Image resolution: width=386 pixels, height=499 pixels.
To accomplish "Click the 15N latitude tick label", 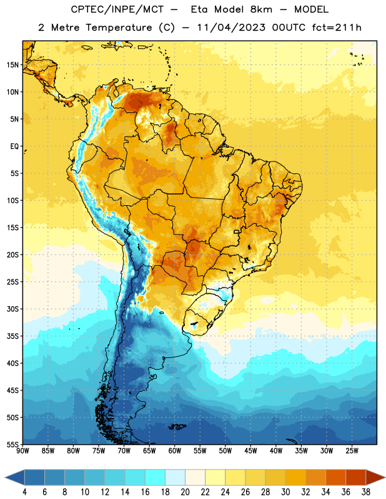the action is [x=12, y=65].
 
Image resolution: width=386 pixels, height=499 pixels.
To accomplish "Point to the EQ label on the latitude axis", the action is [x=14, y=147].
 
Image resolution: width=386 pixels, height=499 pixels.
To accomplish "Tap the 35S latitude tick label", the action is [x=12, y=336].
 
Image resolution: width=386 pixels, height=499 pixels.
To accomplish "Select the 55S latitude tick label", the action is [x=12, y=444].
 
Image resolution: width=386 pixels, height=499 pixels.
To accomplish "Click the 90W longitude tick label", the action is [x=22, y=450].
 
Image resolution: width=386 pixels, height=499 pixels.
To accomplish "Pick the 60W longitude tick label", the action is [x=174, y=450].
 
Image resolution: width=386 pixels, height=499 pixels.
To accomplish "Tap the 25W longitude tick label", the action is [x=352, y=450].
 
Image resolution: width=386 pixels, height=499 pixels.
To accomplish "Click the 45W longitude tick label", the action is [x=250, y=450].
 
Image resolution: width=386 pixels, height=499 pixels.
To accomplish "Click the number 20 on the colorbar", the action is [x=185, y=492].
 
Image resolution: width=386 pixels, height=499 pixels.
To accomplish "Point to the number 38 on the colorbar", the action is [x=366, y=492].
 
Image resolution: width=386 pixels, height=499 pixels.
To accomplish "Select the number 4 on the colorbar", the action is [x=24, y=492].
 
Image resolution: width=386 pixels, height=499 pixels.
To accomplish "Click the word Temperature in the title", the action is [x=119, y=27].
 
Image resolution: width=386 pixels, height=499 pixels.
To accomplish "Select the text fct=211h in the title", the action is [x=337, y=27].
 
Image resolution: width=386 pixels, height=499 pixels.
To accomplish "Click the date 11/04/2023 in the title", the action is [x=231, y=27].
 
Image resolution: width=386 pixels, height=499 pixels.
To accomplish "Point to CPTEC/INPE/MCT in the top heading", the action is [x=117, y=9].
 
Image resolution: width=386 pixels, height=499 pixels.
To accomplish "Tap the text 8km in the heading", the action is [x=261, y=9].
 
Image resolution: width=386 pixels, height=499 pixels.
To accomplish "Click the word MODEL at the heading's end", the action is [x=311, y=9].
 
